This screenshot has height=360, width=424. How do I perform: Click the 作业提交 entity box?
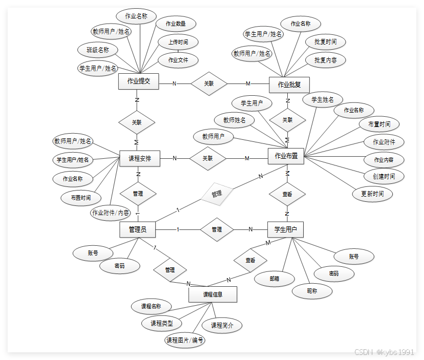point(138,81)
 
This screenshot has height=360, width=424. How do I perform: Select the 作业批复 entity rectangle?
point(289,84)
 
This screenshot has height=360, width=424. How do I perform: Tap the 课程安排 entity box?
point(139,159)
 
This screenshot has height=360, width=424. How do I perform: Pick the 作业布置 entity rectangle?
point(286,156)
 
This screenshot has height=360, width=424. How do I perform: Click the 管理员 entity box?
point(137,230)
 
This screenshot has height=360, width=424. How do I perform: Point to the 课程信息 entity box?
point(213,294)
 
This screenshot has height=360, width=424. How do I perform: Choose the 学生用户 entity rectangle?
point(285,229)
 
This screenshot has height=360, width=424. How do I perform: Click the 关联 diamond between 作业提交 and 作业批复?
point(208,83)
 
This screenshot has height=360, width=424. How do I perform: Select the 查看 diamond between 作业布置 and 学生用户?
point(287,195)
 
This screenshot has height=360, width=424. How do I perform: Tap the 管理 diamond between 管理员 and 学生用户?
point(217,229)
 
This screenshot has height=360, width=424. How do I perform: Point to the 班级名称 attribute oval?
point(97,50)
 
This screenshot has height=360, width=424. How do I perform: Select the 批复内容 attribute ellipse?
point(326,60)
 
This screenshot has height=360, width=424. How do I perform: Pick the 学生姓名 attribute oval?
point(323,99)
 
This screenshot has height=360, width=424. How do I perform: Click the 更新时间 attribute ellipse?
point(372,194)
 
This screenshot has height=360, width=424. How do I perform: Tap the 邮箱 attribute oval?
point(274,279)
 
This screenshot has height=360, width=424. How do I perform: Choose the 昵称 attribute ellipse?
point(312,290)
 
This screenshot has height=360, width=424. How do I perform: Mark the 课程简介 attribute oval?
point(222,325)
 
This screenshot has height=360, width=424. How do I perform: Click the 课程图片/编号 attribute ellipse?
point(185,340)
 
